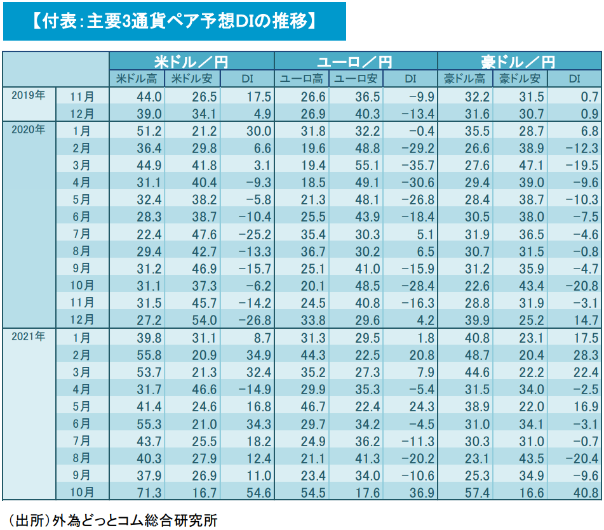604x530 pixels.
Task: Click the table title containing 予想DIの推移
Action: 173,22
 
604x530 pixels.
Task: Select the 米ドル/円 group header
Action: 191,62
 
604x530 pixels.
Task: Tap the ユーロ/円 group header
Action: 355,62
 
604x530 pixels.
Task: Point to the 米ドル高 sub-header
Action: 137,79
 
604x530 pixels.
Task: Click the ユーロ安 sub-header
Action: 356,79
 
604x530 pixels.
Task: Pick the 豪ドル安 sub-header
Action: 520,79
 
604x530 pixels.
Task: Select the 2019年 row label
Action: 29,96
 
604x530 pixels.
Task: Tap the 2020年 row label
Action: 29,130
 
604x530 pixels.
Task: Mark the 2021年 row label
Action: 29,336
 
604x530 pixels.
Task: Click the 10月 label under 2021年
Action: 82,491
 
